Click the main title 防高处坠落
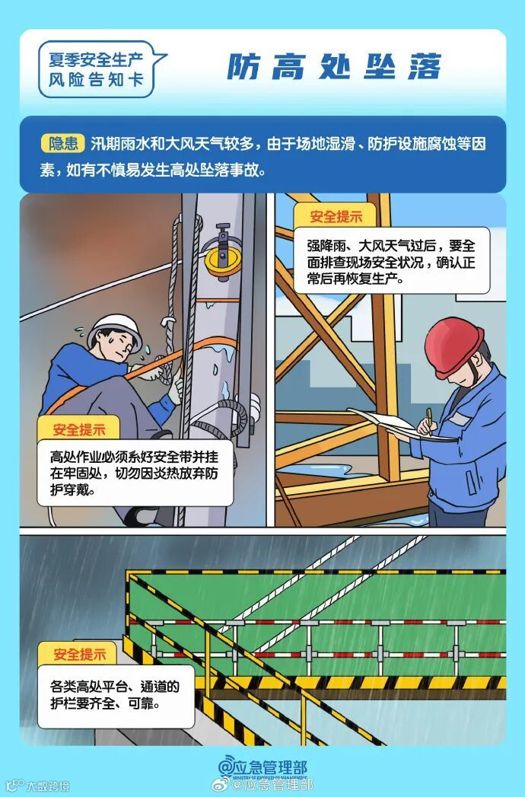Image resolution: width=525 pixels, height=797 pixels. (334, 67)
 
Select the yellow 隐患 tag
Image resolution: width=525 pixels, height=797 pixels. (63, 142)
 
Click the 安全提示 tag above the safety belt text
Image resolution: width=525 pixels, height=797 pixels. (79, 429)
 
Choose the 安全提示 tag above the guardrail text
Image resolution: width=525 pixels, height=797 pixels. (79, 654)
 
